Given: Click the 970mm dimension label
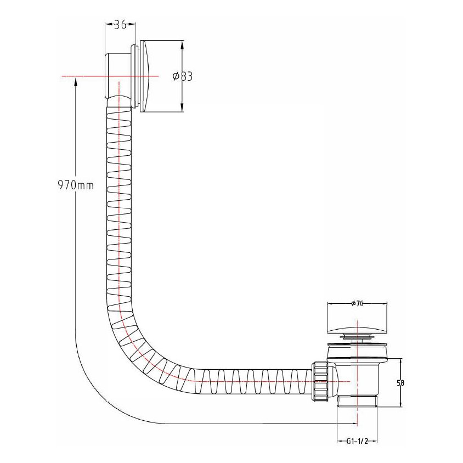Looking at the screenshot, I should tap(76, 185).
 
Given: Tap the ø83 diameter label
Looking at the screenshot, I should tap(183, 76).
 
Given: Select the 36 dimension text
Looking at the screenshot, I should tap(120, 25).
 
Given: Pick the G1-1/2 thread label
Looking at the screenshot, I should tap(357, 441).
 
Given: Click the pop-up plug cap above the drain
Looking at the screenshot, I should tap(357, 323).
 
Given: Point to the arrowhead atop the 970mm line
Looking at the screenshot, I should tap(76, 80).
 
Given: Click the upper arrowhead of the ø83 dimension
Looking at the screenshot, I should tap(182, 43).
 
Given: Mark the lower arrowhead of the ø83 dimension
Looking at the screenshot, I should tap(182, 109).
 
